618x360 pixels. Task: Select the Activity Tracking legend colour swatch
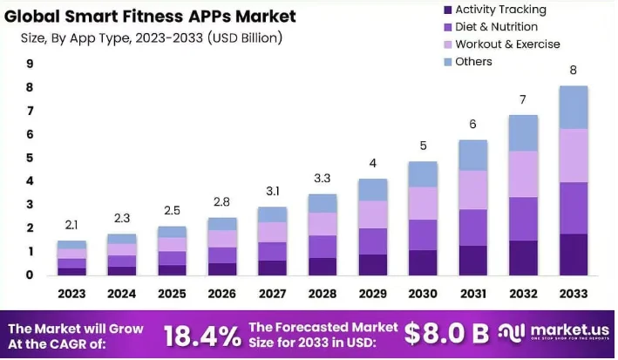click(447, 10)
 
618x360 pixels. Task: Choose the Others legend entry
click(473, 62)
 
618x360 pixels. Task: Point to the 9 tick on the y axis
click(30, 64)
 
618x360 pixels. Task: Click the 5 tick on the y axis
click(30, 158)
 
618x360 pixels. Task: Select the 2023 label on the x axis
click(72, 294)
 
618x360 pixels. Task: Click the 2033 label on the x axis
click(572, 294)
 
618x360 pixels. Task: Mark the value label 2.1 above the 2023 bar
click(71, 226)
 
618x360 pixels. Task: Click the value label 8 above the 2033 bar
click(573, 70)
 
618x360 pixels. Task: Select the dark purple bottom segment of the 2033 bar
click(573, 255)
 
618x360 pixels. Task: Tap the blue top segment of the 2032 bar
click(523, 133)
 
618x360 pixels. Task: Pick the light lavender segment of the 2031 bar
click(473, 189)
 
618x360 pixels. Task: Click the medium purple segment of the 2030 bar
click(424, 234)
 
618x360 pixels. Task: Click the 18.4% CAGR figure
click(202, 334)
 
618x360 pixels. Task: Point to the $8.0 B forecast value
click(447, 333)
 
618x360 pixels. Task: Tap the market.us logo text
click(567, 330)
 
